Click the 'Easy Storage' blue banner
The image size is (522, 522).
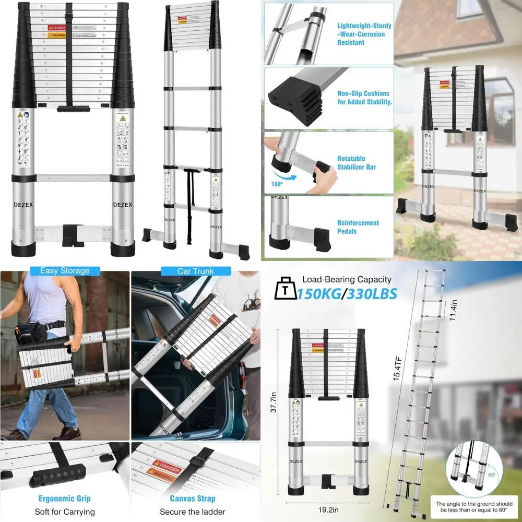(x=65, y=270)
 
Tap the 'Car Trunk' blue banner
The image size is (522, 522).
(x=195, y=271)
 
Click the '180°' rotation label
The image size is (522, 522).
(x=277, y=184)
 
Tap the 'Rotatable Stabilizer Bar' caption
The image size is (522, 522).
(x=357, y=162)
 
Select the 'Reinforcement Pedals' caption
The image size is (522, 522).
(x=358, y=227)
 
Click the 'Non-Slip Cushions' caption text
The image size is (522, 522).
(x=364, y=98)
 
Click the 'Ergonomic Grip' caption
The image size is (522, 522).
(x=65, y=499)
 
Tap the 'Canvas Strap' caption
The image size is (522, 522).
(x=195, y=499)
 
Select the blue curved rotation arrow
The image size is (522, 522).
(x=285, y=176)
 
